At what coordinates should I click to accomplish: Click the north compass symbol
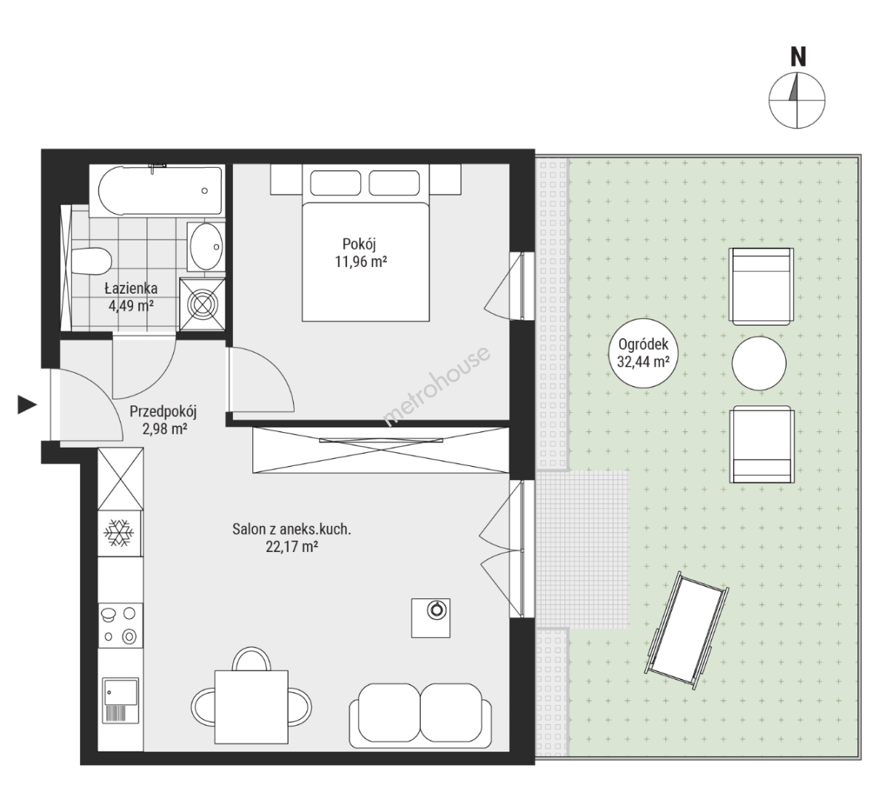tap(797, 100)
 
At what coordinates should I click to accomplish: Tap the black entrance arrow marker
tap(27, 404)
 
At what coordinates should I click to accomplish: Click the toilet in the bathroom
tap(91, 261)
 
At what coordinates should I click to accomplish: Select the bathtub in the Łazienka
tap(161, 190)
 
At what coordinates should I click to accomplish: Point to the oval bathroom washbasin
tap(206, 246)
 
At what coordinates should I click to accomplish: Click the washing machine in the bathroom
tap(202, 305)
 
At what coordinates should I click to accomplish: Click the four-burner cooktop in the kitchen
tap(120, 625)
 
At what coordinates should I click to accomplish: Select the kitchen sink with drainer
tap(121, 701)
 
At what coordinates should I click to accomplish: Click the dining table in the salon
tap(251, 707)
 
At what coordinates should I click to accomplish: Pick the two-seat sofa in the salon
tap(420, 715)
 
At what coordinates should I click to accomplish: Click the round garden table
tap(759, 363)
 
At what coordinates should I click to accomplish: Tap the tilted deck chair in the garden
tap(688, 630)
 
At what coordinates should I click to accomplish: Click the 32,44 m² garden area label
tap(643, 362)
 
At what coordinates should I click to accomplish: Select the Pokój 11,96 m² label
tap(360, 253)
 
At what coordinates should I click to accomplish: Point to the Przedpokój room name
tap(163, 412)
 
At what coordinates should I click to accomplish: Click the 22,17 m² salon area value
tap(292, 547)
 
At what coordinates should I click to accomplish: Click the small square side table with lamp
tap(431, 618)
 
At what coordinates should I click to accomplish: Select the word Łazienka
tap(131, 289)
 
